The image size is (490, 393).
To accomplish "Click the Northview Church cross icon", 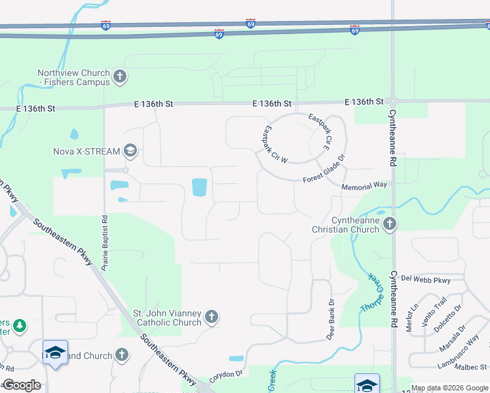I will [119, 77].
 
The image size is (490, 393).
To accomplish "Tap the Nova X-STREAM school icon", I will [130, 151].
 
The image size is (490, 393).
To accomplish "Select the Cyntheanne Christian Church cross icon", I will [390, 225].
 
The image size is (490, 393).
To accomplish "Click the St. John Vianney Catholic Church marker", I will [211, 318].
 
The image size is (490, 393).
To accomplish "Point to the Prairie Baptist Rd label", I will [105, 243].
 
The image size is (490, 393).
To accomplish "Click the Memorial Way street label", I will [364, 186].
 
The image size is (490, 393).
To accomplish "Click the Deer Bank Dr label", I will [331, 320].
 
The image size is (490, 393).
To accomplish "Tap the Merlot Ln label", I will [413, 318].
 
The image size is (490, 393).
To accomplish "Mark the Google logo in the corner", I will [21, 385].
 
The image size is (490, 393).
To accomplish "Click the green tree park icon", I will [20, 325].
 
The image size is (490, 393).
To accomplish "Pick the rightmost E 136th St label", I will [364, 102].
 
